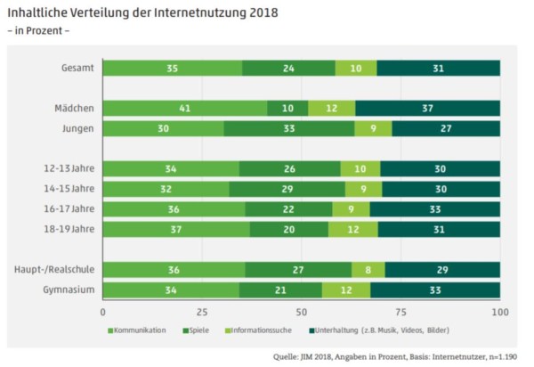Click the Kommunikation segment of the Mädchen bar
185,109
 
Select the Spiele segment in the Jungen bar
288,128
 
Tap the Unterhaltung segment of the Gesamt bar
438,68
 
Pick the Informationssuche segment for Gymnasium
346,290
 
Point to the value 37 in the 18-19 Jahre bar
176,229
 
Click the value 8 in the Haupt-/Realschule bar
368,270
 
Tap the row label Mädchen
73,109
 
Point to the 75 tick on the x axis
400,313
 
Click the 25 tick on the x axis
202,313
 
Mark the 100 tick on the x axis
499,313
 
